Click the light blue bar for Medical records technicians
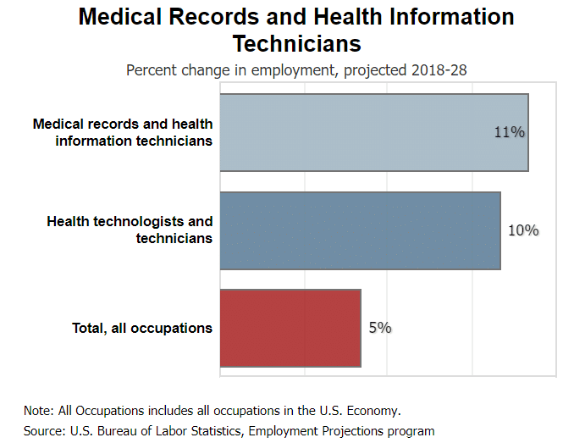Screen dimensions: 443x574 [373, 133]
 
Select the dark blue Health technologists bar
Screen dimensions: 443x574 [360, 230]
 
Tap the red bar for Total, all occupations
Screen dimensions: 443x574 [290, 328]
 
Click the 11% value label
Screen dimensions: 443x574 [510, 133]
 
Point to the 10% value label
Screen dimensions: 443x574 [523, 230]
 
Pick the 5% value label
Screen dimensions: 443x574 [380, 328]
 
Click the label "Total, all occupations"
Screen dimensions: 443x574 [142, 328]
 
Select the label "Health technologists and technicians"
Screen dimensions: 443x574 [130, 230]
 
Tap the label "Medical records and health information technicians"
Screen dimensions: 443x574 [123, 133]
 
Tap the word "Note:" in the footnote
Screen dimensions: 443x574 [38, 410]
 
